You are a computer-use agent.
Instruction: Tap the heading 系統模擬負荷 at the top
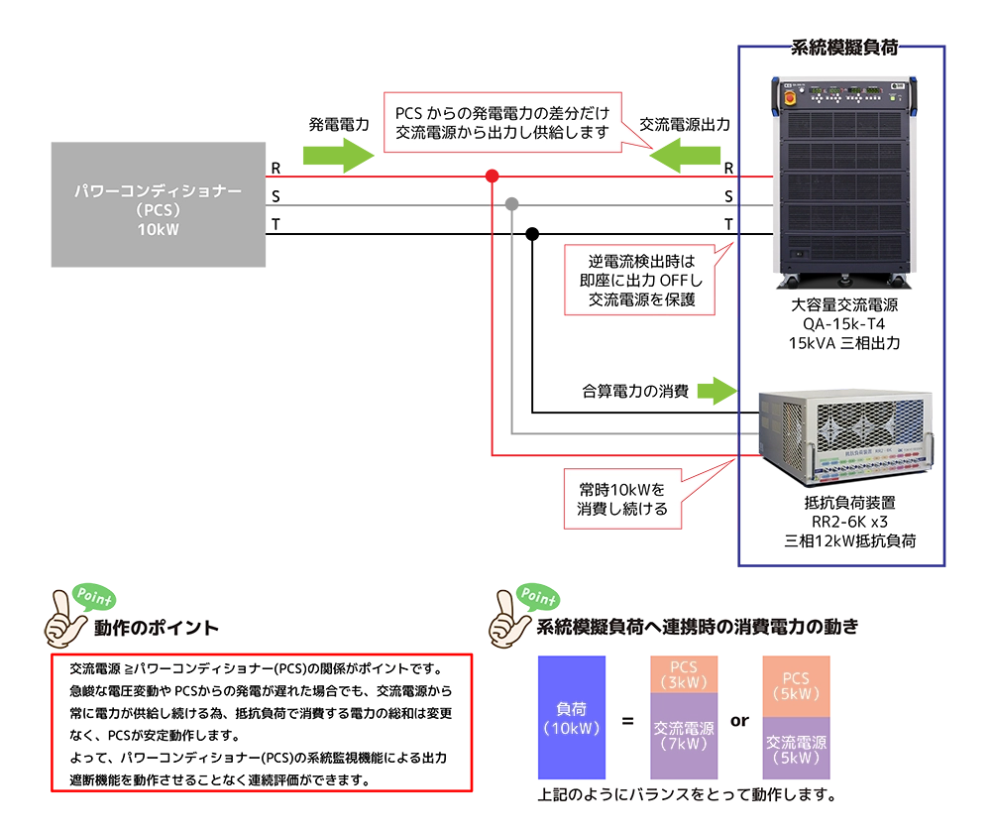843,49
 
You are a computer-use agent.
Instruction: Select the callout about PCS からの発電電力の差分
502,120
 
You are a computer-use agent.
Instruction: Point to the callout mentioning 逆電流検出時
641,281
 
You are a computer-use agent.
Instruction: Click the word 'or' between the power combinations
739,721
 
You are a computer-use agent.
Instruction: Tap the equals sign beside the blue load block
626,721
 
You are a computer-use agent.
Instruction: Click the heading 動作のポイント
157,628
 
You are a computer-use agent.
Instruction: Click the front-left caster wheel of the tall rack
792,280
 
